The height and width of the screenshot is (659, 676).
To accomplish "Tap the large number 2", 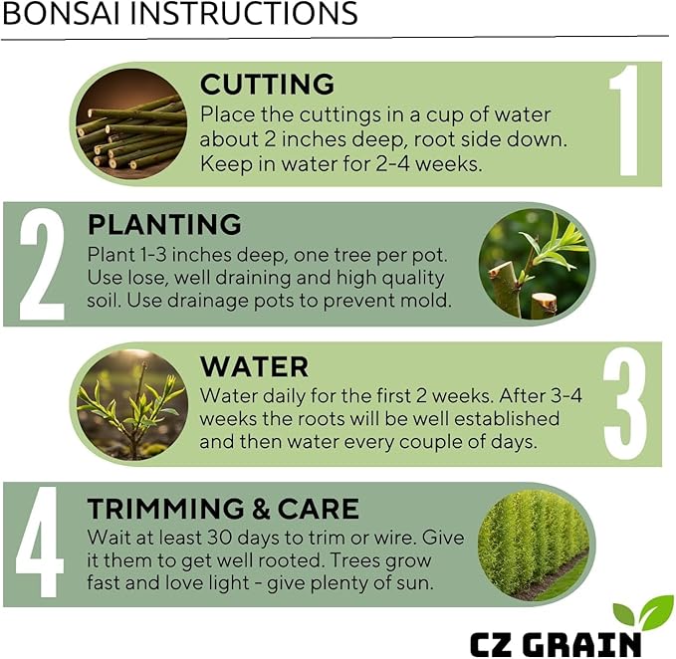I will pyautogui.click(x=42, y=265).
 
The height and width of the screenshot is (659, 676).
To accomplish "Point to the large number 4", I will pyautogui.click(x=41, y=545).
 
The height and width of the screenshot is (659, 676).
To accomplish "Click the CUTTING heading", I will pyautogui.click(x=267, y=84).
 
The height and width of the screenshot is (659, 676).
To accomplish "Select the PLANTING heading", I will pyautogui.click(x=164, y=224).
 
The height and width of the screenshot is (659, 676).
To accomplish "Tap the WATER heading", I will pyautogui.click(x=254, y=365).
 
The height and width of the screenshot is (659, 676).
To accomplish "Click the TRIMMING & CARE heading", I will pyautogui.click(x=223, y=509).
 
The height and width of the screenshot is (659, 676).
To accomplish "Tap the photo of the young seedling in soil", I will pyautogui.click(x=131, y=405).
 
